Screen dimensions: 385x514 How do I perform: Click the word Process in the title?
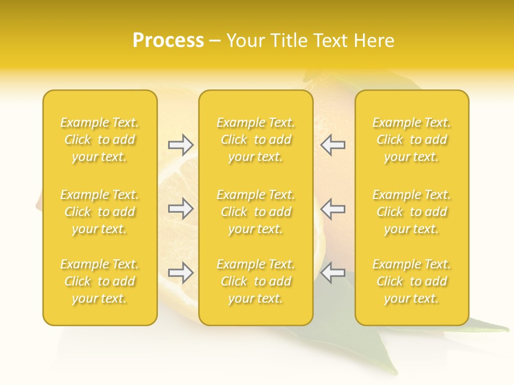click(168, 41)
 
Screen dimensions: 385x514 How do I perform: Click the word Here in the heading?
click(373, 41)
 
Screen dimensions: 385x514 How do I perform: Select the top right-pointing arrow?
click(180, 144)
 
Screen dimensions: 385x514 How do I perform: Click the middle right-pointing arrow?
click(180, 209)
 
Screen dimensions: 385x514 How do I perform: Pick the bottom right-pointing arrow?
click(180, 273)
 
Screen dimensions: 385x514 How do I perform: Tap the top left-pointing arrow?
click(332, 144)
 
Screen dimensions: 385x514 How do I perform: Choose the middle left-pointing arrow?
click(332, 209)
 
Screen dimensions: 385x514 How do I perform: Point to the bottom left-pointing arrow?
click(332, 273)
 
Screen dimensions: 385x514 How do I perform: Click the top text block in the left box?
click(100, 140)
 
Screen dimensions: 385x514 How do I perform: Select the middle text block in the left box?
click(100, 212)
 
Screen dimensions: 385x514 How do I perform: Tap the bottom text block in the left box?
click(100, 281)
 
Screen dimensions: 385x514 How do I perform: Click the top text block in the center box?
click(256, 140)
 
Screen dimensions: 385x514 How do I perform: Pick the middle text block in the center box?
click(256, 212)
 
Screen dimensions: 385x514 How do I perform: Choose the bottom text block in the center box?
click(256, 281)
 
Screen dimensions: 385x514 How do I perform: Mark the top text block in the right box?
click(412, 140)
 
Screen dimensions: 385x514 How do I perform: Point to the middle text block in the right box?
click(412, 212)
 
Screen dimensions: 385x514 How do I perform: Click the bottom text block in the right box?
click(412, 281)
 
